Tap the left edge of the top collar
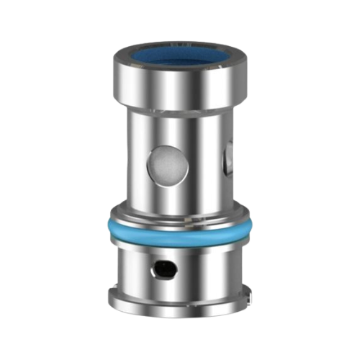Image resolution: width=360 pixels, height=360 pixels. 116,79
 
